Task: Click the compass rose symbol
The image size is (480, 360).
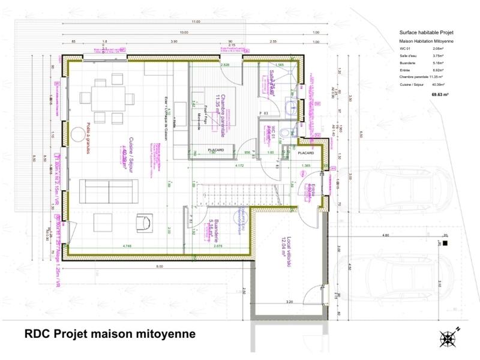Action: tap(449, 338)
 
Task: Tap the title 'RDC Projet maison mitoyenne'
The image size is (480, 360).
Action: tap(110, 334)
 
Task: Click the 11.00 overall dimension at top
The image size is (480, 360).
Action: tap(196, 22)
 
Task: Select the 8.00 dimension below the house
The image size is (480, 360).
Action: tap(159, 265)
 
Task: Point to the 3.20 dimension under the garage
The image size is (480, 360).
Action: tap(289, 302)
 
